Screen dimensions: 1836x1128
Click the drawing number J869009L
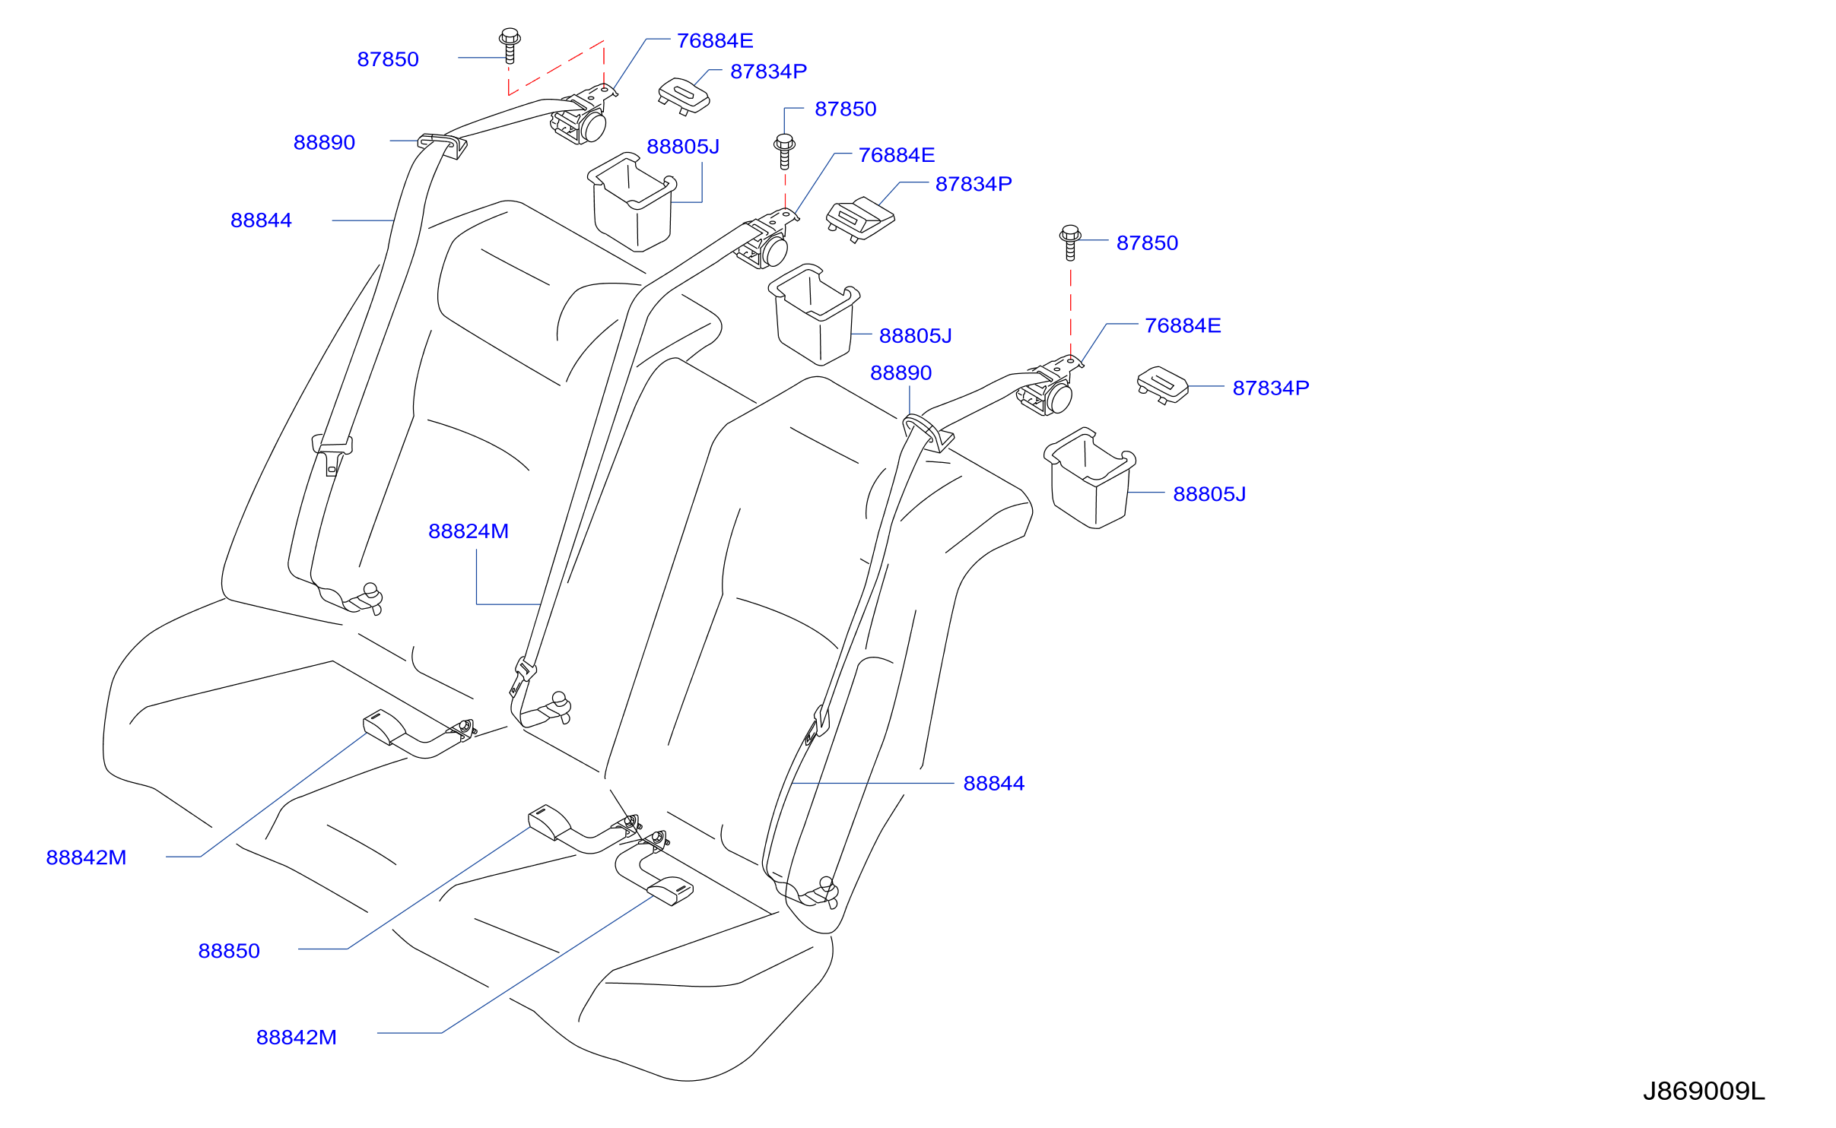pyautogui.click(x=1704, y=1092)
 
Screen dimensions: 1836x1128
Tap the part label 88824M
pyautogui.click(x=469, y=531)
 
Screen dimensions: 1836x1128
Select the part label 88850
pyautogui.click(x=229, y=951)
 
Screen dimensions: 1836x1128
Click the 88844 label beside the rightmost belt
pyautogui.click(x=994, y=784)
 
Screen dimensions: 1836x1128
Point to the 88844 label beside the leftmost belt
pyautogui.click(x=261, y=220)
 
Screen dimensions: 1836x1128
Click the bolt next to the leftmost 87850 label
pyautogui.click(x=510, y=46)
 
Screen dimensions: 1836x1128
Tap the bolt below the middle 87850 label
pyautogui.click(x=784, y=151)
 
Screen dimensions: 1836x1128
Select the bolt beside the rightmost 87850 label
pyautogui.click(x=1070, y=242)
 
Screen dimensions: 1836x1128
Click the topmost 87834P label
pyautogui.click(x=768, y=71)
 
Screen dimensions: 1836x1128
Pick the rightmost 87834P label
pyautogui.click(x=1271, y=388)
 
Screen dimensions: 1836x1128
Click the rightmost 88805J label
pyautogui.click(x=1209, y=494)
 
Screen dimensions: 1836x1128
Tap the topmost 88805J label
pyautogui.click(x=683, y=147)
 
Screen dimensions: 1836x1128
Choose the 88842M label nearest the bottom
pyautogui.click(x=297, y=1038)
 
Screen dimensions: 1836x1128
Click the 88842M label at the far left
pyautogui.click(x=86, y=857)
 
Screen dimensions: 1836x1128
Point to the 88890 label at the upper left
pyautogui.click(x=324, y=143)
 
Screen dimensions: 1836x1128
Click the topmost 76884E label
pyautogui.click(x=715, y=41)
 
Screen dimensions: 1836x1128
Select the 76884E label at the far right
pyautogui.click(x=1183, y=326)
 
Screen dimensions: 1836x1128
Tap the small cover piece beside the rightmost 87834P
pyautogui.click(x=1163, y=385)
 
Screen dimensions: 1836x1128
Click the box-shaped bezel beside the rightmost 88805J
pyautogui.click(x=1090, y=478)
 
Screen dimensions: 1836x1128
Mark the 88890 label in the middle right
pyautogui.click(x=901, y=373)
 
